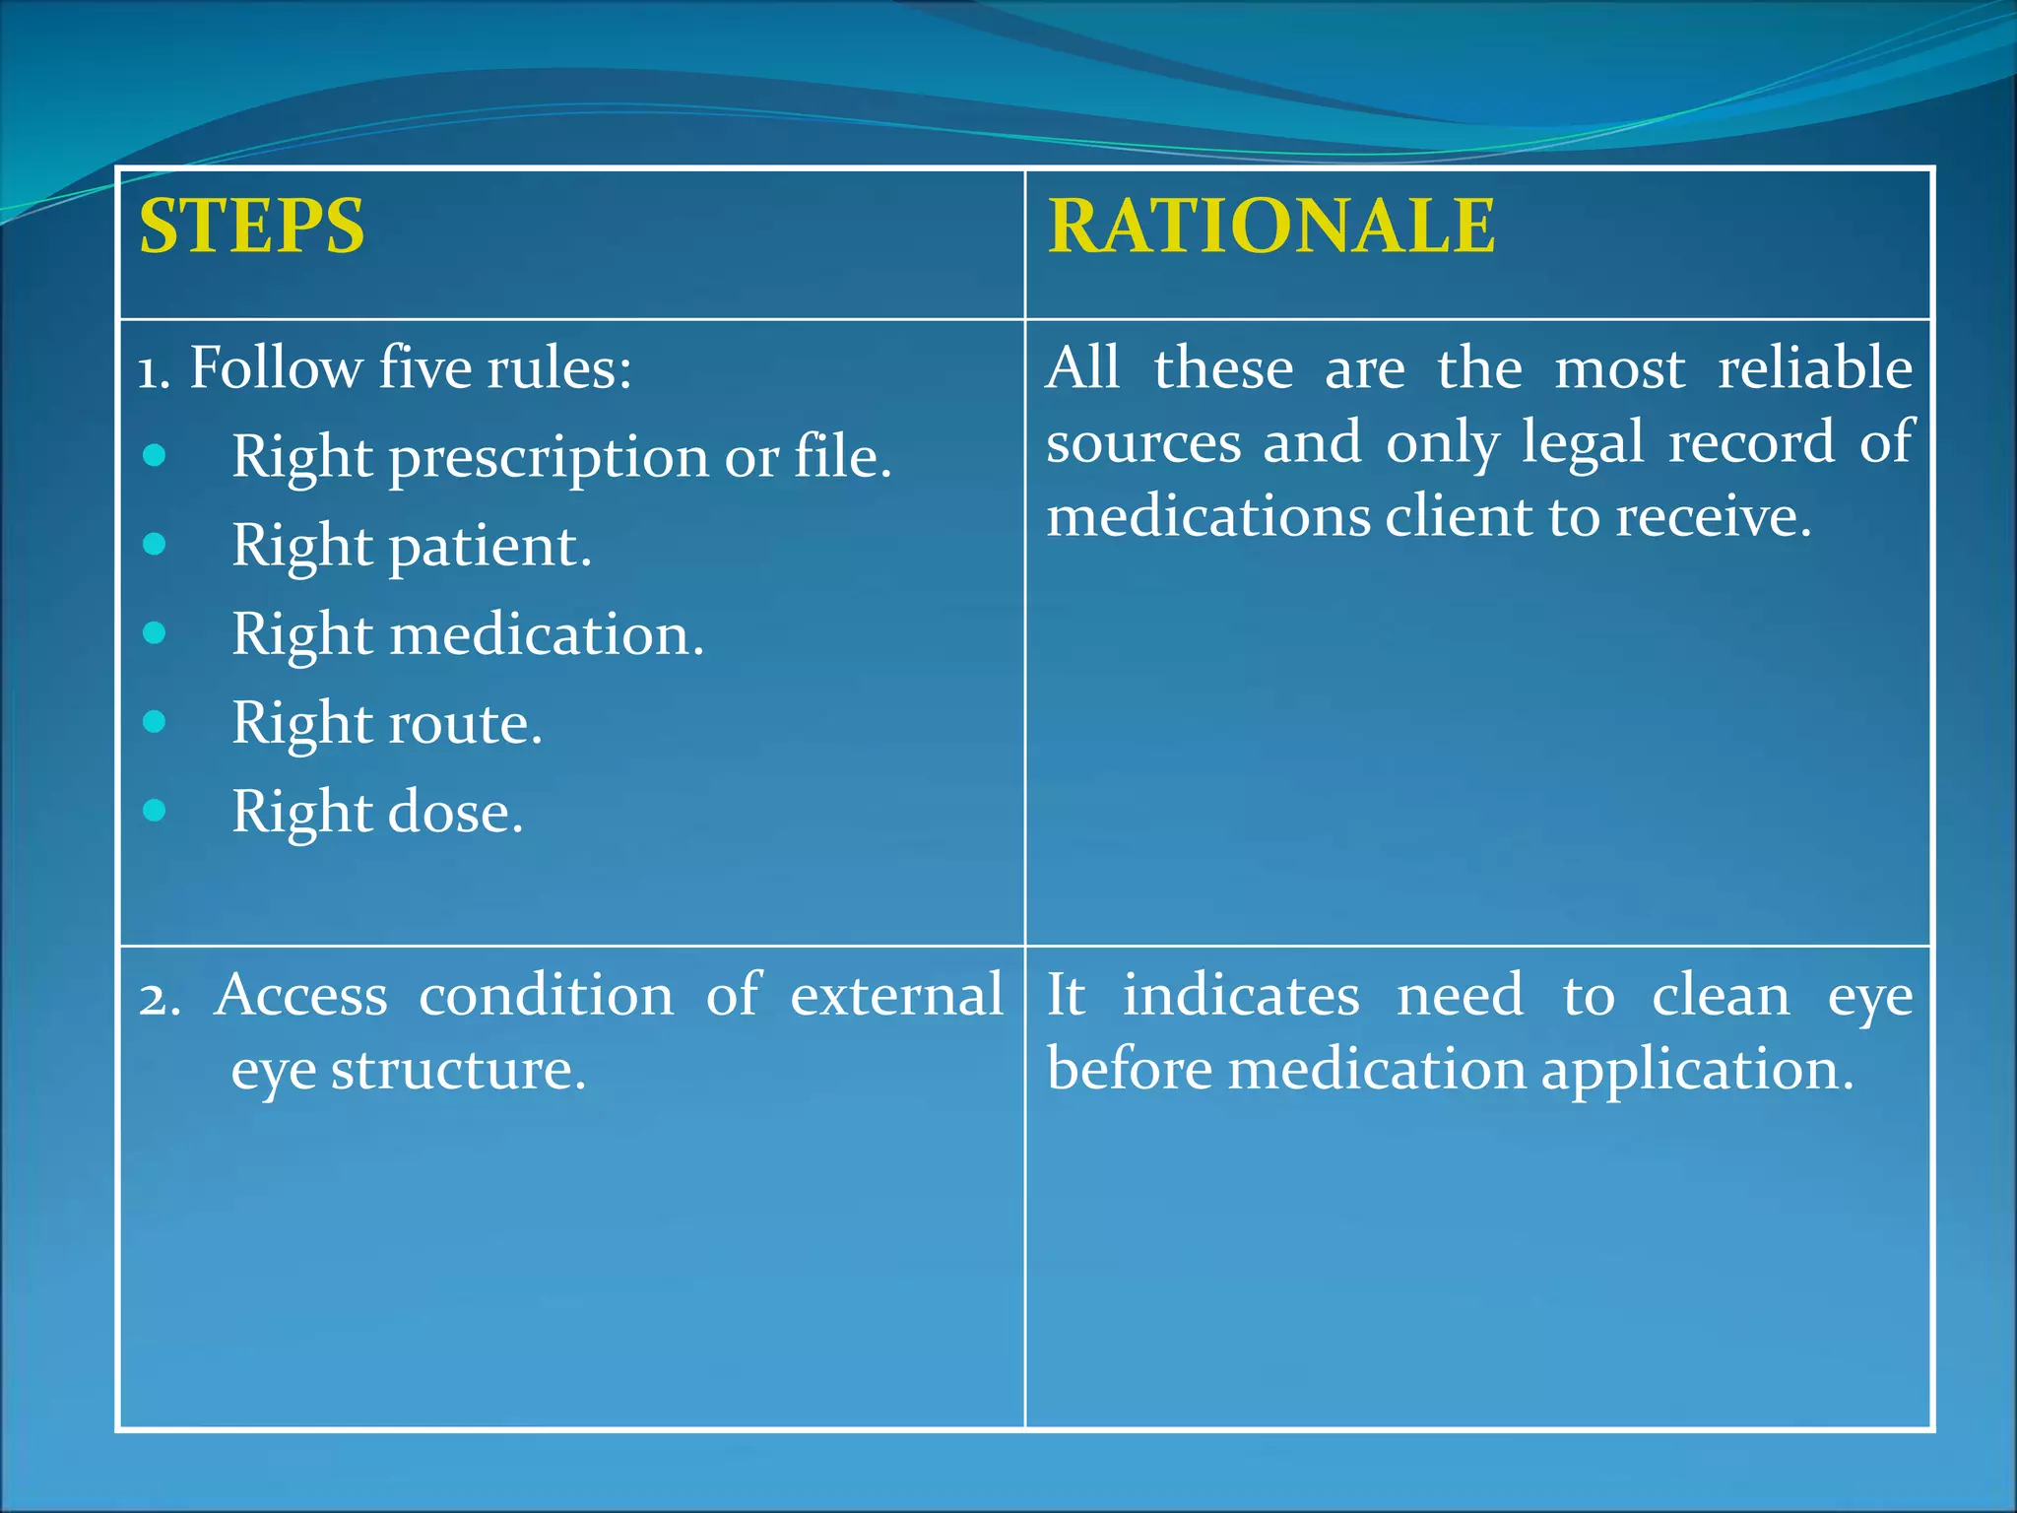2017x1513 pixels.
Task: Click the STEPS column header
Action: tap(252, 227)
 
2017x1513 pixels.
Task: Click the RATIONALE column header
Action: tap(1270, 227)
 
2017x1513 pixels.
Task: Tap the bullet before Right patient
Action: tap(155, 544)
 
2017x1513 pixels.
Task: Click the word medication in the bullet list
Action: tap(547, 634)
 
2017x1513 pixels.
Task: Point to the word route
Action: tap(465, 724)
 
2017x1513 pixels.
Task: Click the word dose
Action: tap(455, 813)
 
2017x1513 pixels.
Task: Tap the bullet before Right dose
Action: tap(155, 811)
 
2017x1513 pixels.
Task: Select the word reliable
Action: tap(1814, 368)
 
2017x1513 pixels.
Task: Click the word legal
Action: tap(1583, 442)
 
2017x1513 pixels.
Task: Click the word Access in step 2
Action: tap(301, 995)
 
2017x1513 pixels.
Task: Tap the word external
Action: tap(896, 995)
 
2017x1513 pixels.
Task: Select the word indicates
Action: tap(1241, 995)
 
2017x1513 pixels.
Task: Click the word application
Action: tap(1697, 1072)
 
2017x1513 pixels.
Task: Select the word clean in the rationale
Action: tap(1720, 995)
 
